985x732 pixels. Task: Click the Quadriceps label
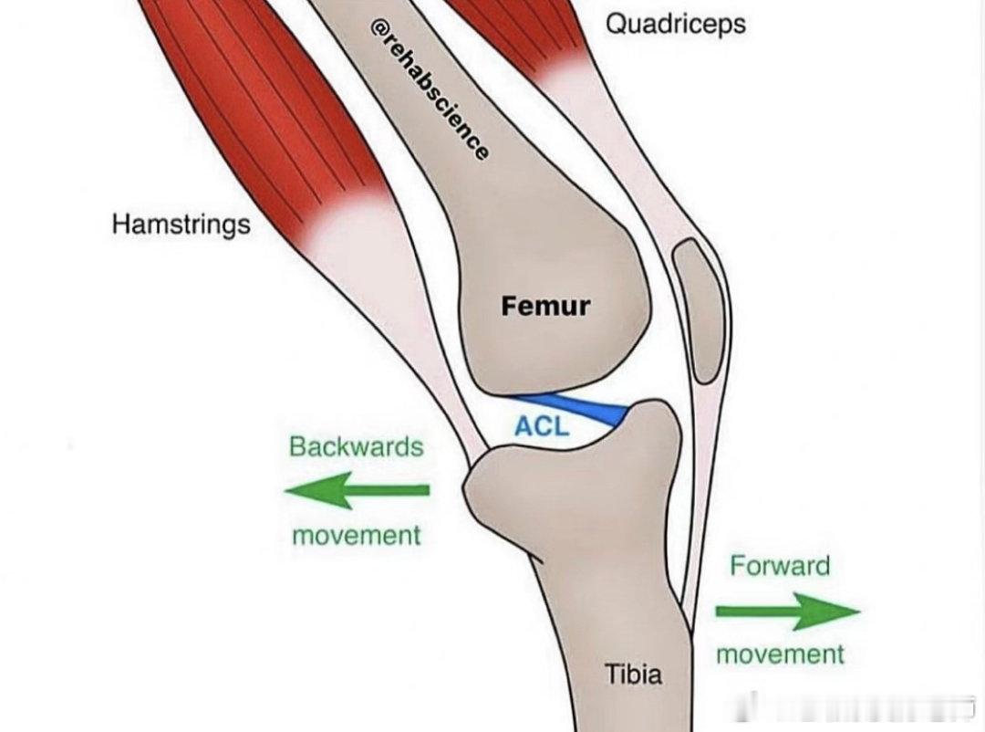tap(675, 25)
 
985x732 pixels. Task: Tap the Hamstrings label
tap(181, 224)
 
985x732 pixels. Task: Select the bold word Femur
tap(546, 306)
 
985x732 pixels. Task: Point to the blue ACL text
tap(542, 426)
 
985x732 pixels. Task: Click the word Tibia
tap(633, 674)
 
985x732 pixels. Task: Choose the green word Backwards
tap(357, 446)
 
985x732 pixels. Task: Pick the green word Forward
tap(780, 566)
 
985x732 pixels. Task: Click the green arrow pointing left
tap(357, 490)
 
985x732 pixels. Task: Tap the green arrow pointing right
tap(788, 612)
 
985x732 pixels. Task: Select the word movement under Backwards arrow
tap(357, 536)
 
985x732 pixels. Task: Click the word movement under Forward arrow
tap(780, 654)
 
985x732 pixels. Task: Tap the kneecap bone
tap(698, 310)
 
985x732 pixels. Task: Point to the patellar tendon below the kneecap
tap(700, 503)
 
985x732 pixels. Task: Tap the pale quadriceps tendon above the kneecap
tap(618, 144)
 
